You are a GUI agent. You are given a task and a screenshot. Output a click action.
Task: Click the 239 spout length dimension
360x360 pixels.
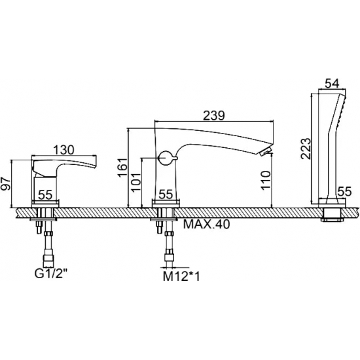[x=214, y=115]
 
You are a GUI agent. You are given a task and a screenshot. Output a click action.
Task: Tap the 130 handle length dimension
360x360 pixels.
[x=64, y=150]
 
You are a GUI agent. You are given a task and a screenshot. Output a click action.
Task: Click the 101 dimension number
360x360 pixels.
[x=137, y=182]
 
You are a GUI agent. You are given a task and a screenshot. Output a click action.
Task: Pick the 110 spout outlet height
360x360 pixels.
[x=266, y=180]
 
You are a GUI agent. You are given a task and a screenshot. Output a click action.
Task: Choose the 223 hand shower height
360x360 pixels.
[x=306, y=149]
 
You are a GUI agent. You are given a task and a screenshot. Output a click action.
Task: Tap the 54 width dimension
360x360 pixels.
[x=333, y=84]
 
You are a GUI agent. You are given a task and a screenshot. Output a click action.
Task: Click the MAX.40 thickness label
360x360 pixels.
[x=206, y=225]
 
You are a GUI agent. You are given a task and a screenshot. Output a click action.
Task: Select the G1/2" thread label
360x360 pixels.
[x=52, y=274]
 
